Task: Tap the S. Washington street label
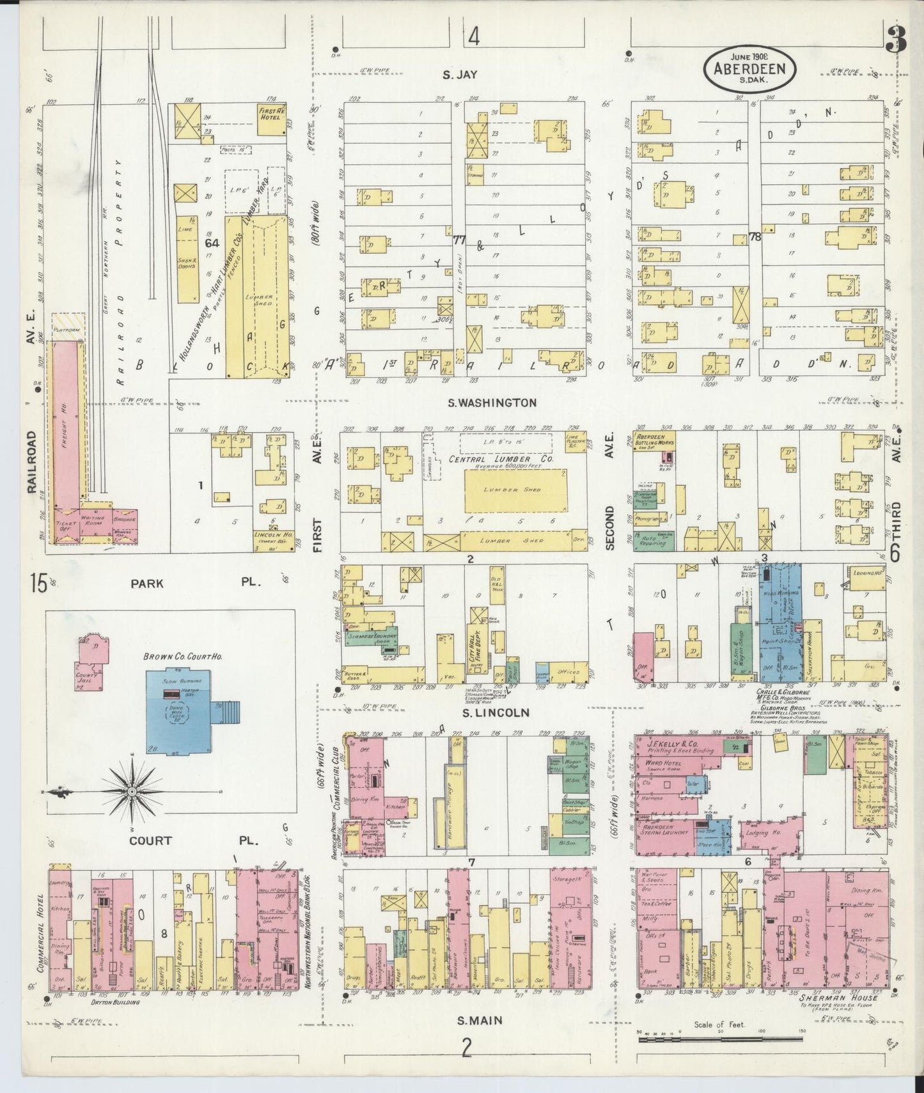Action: coord(490,403)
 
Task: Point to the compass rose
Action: coord(131,793)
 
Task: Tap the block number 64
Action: coord(212,243)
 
